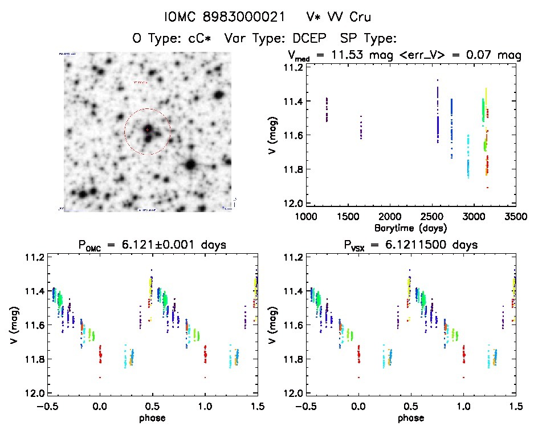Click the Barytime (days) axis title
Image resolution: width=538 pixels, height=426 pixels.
click(411, 227)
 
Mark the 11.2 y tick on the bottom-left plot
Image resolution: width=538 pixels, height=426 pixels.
click(31, 257)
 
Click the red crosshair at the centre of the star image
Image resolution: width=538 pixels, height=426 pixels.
click(147, 130)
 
